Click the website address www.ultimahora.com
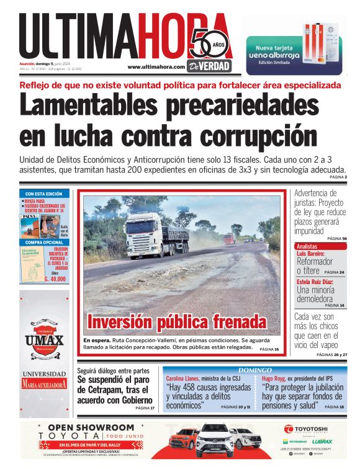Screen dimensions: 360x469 156,67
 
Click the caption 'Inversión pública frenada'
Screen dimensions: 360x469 177,323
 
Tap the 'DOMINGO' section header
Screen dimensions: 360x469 255,370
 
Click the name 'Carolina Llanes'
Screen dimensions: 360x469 183,378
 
